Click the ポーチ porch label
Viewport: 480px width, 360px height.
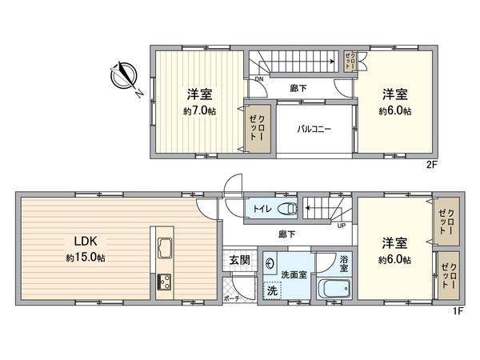(x=232, y=297)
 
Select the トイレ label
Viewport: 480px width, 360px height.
(x=262, y=210)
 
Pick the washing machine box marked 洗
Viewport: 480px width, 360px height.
(x=273, y=290)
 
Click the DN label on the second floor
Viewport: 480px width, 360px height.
(x=259, y=79)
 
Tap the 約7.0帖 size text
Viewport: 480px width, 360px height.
(x=199, y=111)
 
